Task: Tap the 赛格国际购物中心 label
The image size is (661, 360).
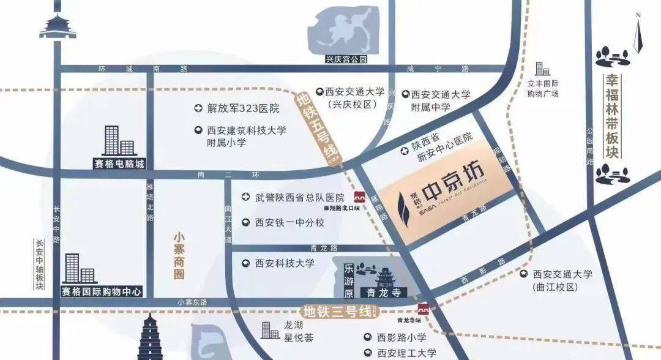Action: [x=102, y=291]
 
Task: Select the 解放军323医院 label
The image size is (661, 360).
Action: [x=243, y=109]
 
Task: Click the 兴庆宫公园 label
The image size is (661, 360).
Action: [x=346, y=59]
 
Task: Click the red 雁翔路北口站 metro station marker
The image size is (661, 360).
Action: [x=360, y=197]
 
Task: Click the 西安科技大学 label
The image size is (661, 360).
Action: [x=285, y=263]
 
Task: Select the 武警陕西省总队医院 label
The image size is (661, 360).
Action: [x=299, y=197]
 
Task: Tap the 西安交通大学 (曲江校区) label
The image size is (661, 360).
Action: [x=562, y=280]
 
